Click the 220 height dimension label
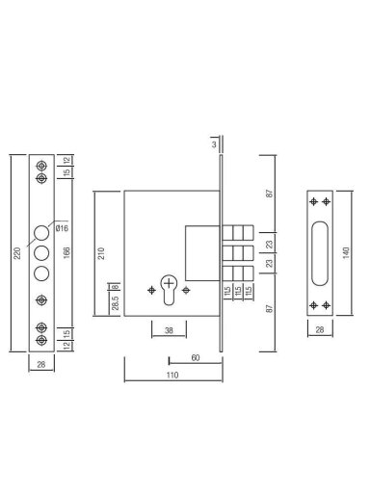[17, 253]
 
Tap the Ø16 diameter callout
[62, 228]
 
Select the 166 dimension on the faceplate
[66, 253]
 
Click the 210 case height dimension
[101, 253]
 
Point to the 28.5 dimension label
[116, 303]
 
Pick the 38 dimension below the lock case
[169, 330]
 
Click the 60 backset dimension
[196, 357]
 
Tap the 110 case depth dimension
[172, 375]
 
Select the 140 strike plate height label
[346, 253]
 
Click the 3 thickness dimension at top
[214, 144]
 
